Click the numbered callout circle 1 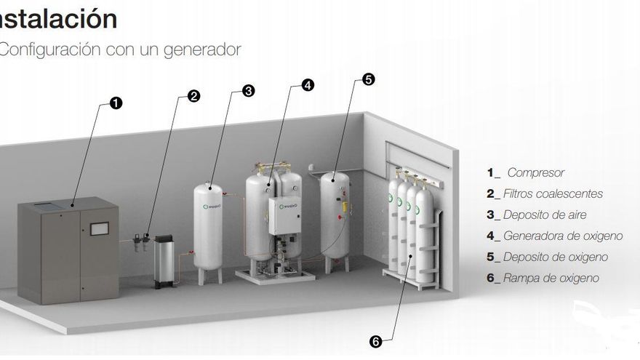click(x=116, y=103)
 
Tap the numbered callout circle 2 click(x=194, y=95)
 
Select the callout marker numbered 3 click(x=249, y=91)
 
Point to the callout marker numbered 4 click(x=308, y=85)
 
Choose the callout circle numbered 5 click(x=369, y=80)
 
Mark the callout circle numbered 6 click(x=376, y=340)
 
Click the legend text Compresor click(x=536, y=173)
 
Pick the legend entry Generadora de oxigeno click(x=562, y=236)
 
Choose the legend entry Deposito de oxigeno click(x=555, y=257)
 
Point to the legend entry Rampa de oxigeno click(x=551, y=279)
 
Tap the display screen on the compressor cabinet click(x=99, y=228)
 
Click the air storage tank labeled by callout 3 click(x=209, y=225)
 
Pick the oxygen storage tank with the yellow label click(x=335, y=215)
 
